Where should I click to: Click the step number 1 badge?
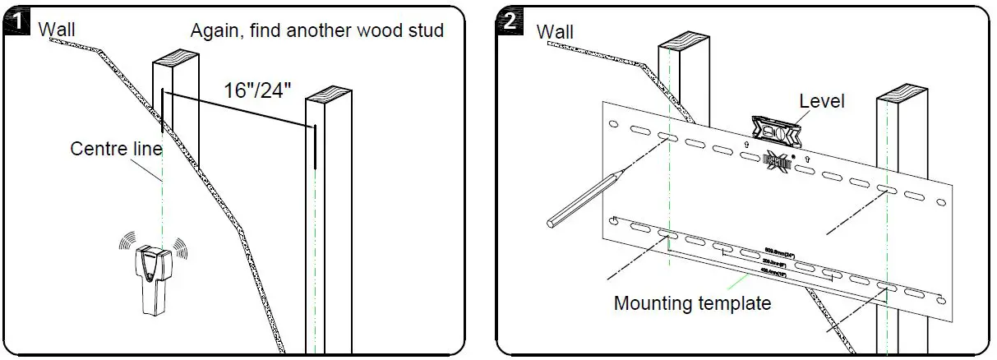(16, 23)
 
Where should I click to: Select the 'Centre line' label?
(116, 149)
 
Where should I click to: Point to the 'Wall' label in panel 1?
(58, 30)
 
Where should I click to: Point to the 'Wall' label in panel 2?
(556, 32)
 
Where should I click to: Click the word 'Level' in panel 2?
(822, 101)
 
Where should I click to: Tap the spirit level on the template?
(776, 128)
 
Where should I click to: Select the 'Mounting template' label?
(692, 303)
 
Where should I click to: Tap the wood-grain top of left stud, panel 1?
(175, 60)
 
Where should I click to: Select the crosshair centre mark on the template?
(776, 159)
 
